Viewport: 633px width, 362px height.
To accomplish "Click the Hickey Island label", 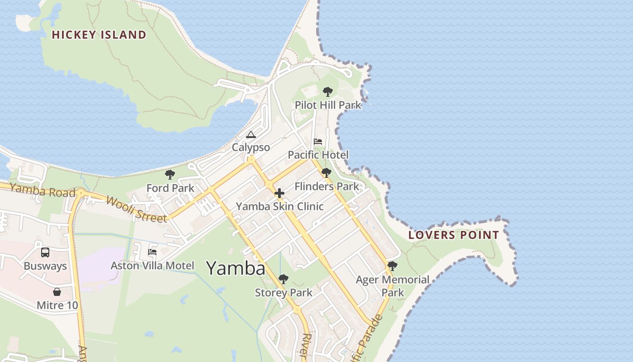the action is [x=99, y=35].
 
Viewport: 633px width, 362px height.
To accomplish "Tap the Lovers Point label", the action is [x=453, y=235].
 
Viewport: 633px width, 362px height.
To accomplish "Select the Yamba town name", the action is [x=236, y=268].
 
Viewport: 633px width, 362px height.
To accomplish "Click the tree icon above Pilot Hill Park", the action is [x=328, y=92].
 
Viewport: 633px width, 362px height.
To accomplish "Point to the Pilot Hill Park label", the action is [x=328, y=105].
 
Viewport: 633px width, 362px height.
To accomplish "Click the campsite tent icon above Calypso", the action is [x=251, y=134].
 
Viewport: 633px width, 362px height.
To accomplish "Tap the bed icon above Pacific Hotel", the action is [x=318, y=142].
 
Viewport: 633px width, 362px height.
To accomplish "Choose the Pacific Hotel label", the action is [x=318, y=155].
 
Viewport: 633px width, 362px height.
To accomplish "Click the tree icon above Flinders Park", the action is [x=326, y=173].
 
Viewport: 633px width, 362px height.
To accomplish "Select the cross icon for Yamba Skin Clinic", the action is [x=279, y=193].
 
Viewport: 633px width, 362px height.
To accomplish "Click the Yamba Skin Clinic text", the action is [x=280, y=206].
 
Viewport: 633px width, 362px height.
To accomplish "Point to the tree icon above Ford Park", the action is [x=170, y=175].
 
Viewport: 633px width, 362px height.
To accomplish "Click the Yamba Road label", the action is [x=43, y=191].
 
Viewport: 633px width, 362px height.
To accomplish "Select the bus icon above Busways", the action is [x=45, y=252].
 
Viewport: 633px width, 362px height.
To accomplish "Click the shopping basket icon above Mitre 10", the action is [x=57, y=292].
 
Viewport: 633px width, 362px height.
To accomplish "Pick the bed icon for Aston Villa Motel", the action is [x=152, y=252].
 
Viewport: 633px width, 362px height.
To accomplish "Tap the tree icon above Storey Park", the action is [x=283, y=279].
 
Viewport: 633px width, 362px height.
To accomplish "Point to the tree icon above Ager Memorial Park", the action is [x=392, y=266].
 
